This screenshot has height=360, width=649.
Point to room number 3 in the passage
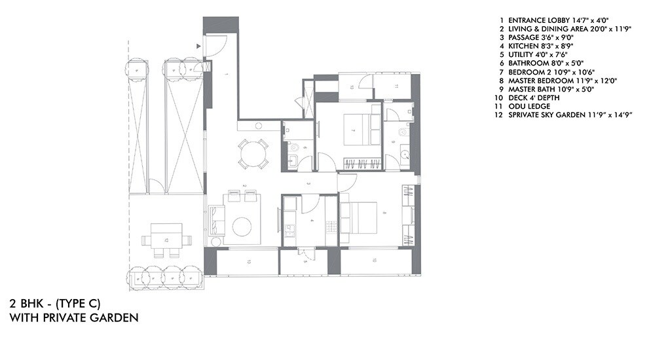point(308,184)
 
